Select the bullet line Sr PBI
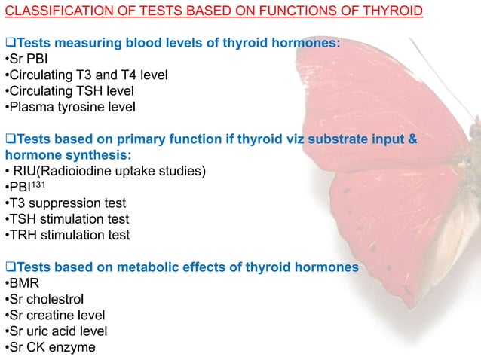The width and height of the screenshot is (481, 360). point(28,60)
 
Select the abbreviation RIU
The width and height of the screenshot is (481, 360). point(26,171)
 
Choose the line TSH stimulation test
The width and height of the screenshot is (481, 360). point(68,219)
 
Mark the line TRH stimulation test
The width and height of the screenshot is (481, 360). point(68,235)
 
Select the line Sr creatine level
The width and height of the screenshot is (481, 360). point(56,316)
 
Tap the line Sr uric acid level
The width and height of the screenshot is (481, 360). point(57,331)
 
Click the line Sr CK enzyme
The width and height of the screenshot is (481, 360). point(50,347)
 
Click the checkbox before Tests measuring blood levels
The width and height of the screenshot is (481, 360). point(10,44)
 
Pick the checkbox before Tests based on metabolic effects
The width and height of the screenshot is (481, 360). point(10,267)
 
